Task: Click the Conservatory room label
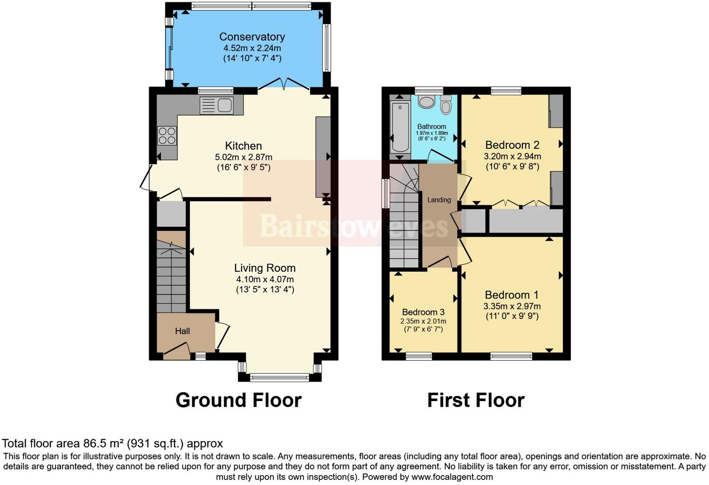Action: coord(252,37)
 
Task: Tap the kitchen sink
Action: coord(216,105)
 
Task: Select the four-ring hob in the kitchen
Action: coord(167,136)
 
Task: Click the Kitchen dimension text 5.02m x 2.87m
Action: coord(243,157)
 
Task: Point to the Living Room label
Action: coord(264,268)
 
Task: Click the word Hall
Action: coord(182,331)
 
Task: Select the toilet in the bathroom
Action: coord(446,105)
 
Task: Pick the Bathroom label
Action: coord(431,126)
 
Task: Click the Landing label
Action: coord(439,200)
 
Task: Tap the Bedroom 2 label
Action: coord(512,145)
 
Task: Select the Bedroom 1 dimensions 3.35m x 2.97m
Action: coord(512,306)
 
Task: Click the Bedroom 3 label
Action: coord(423,312)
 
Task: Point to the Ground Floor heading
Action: coord(238,400)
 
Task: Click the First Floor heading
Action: coord(476,400)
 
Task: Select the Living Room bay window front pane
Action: coord(279,377)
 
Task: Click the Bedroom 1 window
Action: coord(511,356)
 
